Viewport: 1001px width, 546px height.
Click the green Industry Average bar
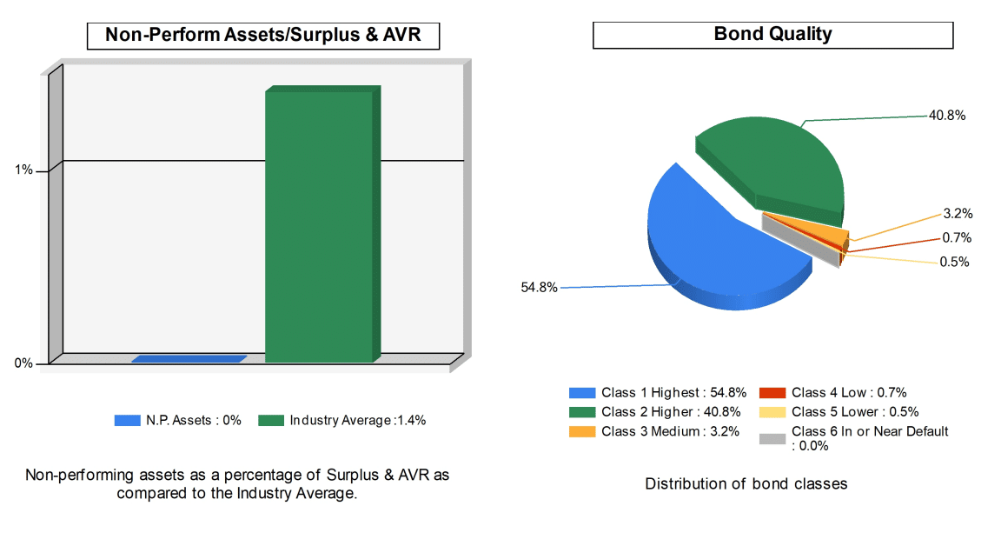(318, 226)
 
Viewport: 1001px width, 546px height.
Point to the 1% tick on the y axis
(24, 170)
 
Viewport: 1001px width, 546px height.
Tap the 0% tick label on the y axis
(23, 363)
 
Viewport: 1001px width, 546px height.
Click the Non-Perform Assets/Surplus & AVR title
(262, 35)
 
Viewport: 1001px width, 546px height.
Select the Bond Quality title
(772, 34)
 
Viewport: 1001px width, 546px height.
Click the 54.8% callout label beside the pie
(539, 288)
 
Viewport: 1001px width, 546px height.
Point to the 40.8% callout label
(947, 115)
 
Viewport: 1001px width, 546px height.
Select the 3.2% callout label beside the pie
(958, 214)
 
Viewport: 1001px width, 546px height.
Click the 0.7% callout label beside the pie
(958, 238)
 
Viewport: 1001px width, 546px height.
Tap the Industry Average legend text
(358, 421)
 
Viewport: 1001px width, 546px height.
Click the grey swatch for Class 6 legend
(772, 439)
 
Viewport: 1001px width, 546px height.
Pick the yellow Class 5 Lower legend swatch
(772, 412)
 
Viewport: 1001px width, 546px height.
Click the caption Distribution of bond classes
(746, 483)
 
